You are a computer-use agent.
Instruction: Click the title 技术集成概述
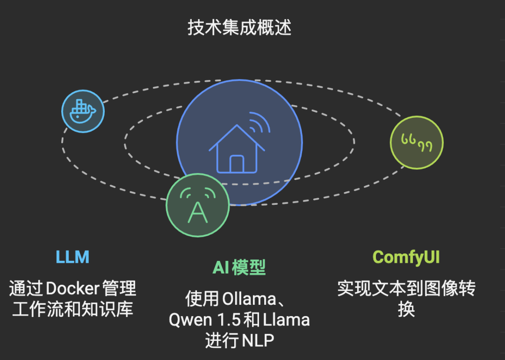pyautogui.click(x=239, y=28)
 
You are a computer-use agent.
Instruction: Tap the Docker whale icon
pyautogui.click(x=82, y=111)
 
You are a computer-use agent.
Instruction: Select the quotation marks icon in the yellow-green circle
pyautogui.click(x=416, y=143)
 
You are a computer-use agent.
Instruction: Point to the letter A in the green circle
pyautogui.click(x=197, y=212)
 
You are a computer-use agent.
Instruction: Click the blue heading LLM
pyautogui.click(x=72, y=257)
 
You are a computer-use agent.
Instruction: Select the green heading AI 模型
pyautogui.click(x=239, y=267)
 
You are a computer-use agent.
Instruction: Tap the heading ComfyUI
pyautogui.click(x=406, y=257)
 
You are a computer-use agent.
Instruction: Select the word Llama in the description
pyautogui.click(x=286, y=320)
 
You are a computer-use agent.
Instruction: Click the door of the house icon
pyautogui.click(x=237, y=163)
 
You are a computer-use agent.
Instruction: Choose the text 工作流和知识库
pyautogui.click(x=72, y=310)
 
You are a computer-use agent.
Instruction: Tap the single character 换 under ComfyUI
pyautogui.click(x=406, y=310)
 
